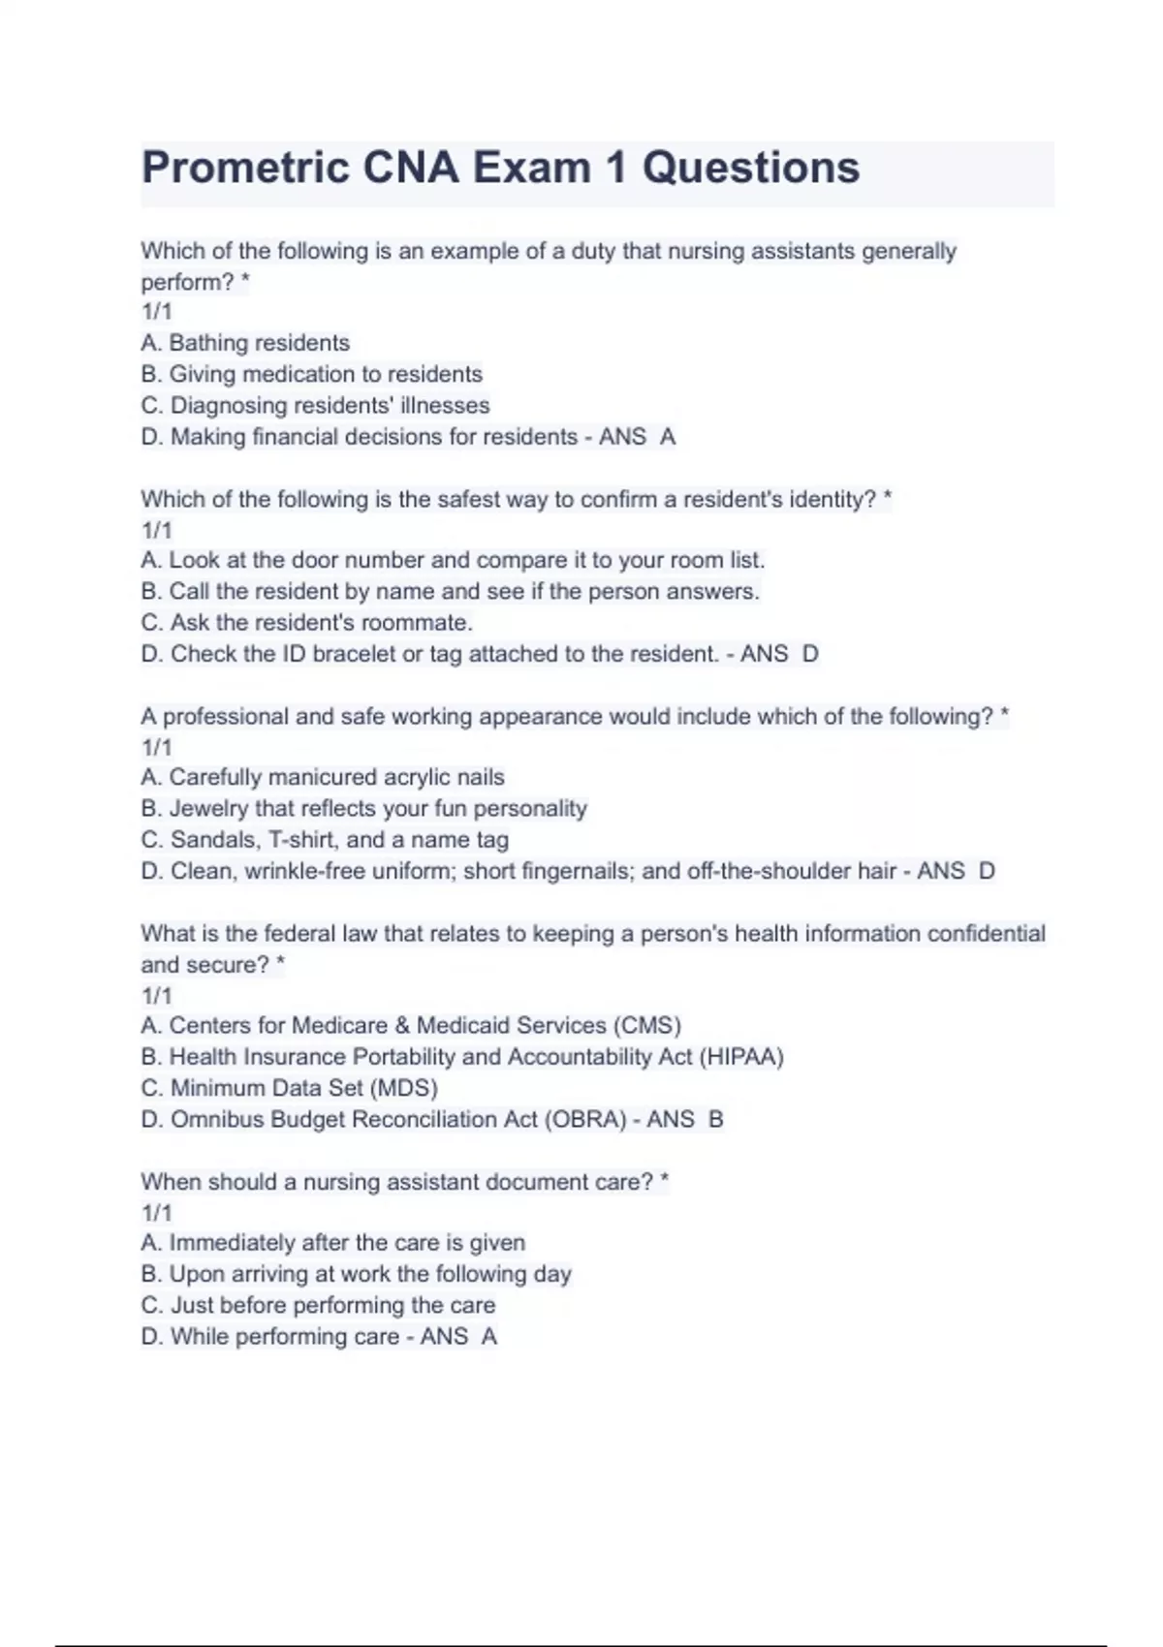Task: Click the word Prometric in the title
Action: (x=245, y=168)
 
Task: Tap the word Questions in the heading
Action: (x=751, y=168)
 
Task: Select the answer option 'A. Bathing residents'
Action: (x=245, y=343)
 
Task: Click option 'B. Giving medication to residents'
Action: (x=311, y=374)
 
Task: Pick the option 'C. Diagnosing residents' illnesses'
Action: (x=315, y=405)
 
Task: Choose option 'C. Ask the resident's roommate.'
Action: (x=306, y=622)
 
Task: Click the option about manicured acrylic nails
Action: (x=323, y=777)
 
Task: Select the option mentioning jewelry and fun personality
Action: (x=363, y=808)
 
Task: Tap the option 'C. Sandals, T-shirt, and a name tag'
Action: (x=325, y=839)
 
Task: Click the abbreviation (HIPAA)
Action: (x=740, y=1056)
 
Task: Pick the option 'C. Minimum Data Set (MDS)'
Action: (x=289, y=1087)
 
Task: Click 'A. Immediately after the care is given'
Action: (x=332, y=1242)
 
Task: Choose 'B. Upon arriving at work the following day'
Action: (x=356, y=1273)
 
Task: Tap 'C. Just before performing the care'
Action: (x=318, y=1305)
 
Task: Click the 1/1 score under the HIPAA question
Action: (x=156, y=995)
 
